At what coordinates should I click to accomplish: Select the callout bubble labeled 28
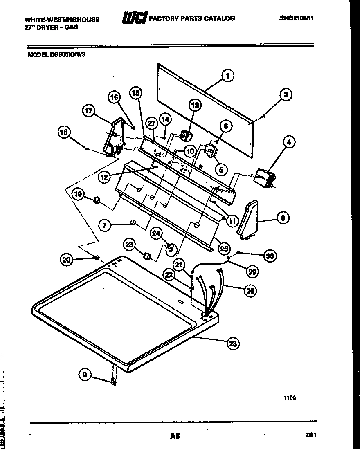point(233,343)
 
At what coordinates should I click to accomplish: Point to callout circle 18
point(65,132)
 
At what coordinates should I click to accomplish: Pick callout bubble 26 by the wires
point(250,291)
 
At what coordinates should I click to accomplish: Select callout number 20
point(66,259)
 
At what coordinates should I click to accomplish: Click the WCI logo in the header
point(135,18)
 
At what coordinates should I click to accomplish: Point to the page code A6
point(175,436)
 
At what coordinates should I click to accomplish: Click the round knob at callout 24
point(171,249)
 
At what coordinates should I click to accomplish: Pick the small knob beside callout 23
point(146,256)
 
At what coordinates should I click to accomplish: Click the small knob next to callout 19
point(97,200)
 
